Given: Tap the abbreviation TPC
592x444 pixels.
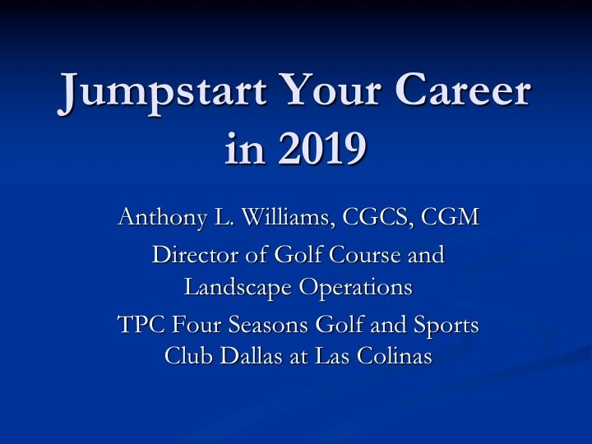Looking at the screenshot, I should tap(139, 325).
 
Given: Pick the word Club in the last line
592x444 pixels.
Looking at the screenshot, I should tap(185, 358).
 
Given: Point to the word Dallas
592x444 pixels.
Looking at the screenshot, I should tap(242, 358).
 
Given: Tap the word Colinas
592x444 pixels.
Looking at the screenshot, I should tap(396, 358).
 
